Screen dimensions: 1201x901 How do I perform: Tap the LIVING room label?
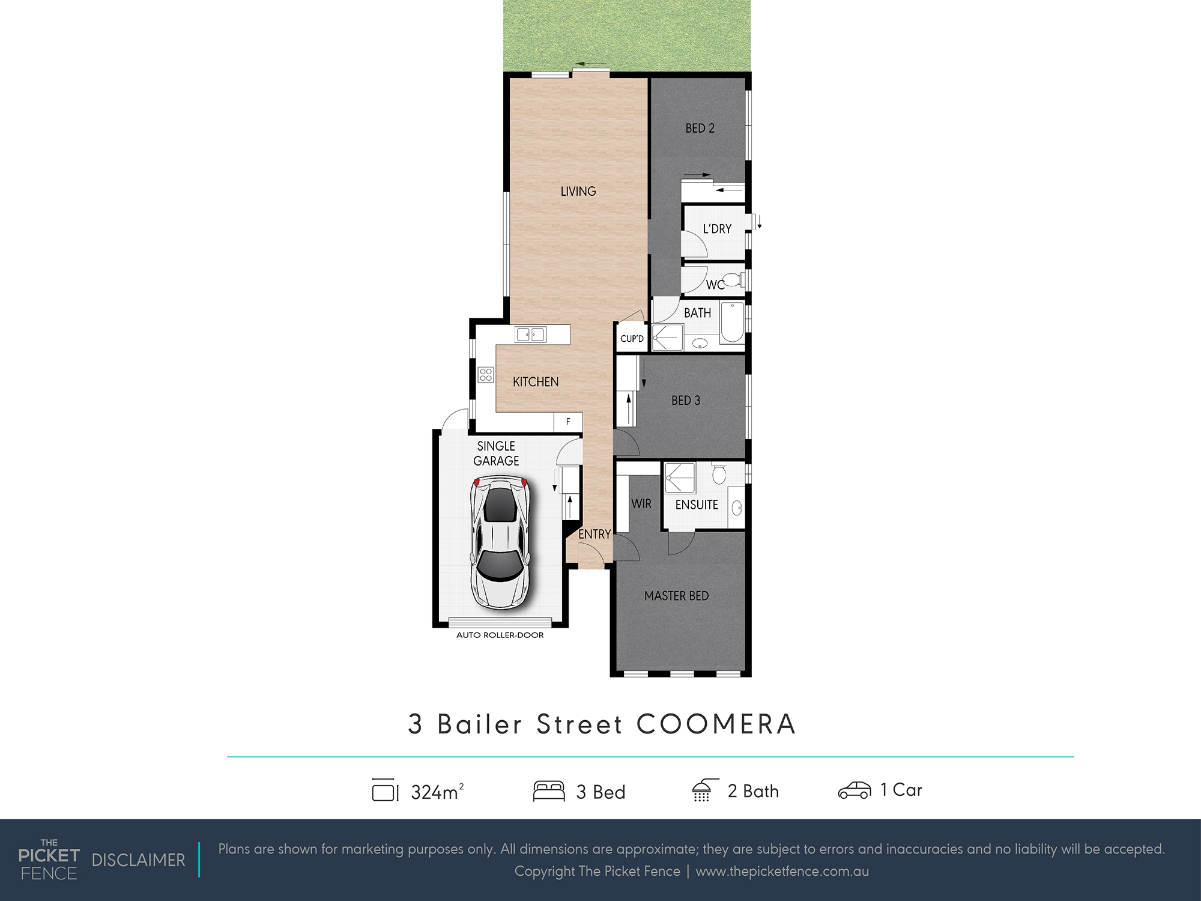point(578,191)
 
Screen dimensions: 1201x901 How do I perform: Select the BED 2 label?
point(700,128)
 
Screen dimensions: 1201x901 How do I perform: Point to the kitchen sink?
point(530,335)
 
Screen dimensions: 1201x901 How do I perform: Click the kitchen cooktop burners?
point(486,375)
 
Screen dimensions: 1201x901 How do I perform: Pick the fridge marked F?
point(568,422)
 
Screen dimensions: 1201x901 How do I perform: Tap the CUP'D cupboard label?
point(632,339)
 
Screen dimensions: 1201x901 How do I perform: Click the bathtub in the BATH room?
point(732,323)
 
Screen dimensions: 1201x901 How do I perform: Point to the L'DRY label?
point(718,229)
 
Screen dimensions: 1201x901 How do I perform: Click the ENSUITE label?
point(697,505)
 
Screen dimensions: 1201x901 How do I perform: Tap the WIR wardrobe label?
point(641,504)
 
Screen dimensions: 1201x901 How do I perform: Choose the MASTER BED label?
point(677,596)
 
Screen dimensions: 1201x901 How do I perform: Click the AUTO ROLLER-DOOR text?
point(500,635)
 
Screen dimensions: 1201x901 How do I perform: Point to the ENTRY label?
point(594,534)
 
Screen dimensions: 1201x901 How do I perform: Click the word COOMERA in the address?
point(716,724)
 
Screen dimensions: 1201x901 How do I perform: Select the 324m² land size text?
point(437,792)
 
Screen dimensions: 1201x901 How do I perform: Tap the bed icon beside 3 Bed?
point(549,791)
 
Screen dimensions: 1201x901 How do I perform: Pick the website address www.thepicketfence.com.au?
point(782,872)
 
